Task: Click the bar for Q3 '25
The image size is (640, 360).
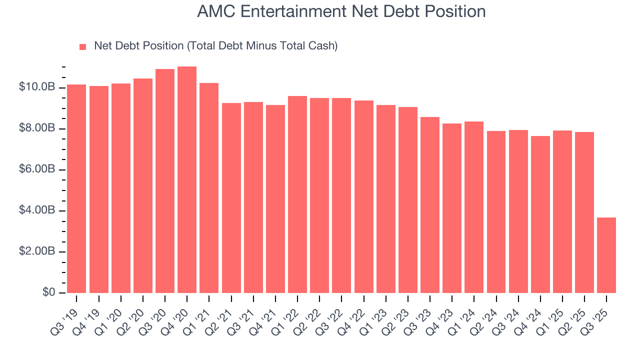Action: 606,255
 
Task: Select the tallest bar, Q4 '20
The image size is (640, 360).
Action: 187,180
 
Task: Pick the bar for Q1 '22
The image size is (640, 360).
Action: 297,194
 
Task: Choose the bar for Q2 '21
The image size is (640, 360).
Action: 231,198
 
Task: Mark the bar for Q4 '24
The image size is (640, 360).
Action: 540,214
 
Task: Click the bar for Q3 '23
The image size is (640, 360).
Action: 429,205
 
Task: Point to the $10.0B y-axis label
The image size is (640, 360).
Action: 37,87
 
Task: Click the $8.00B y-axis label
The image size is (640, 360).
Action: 37,128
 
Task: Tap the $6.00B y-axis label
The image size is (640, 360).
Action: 37,169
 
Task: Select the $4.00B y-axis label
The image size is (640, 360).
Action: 37,210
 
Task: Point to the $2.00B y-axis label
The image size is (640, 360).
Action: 37,251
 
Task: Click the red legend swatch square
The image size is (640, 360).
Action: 83,46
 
